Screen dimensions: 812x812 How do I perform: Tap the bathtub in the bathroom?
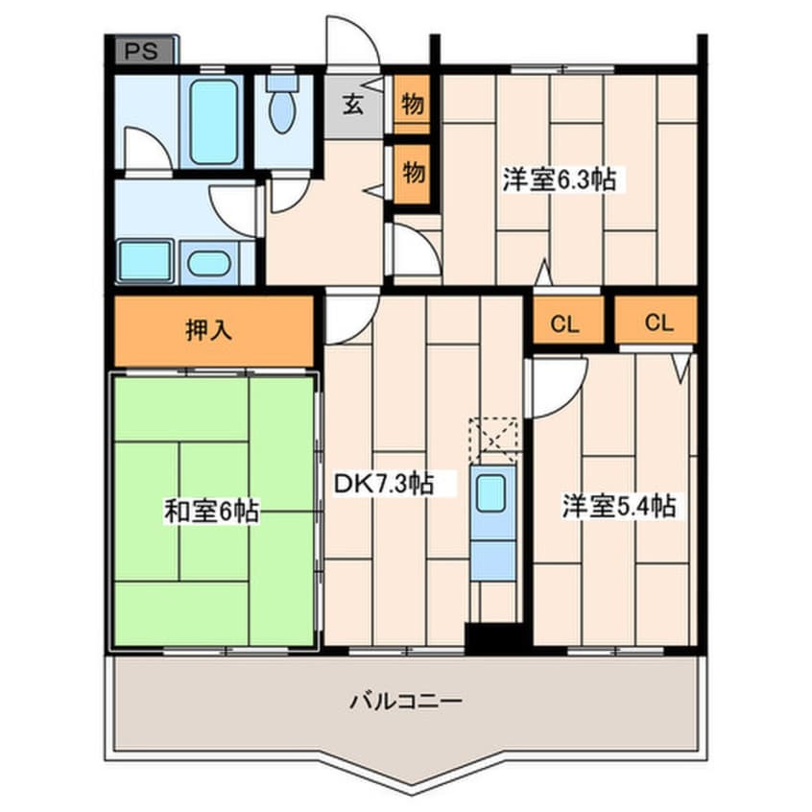tap(213, 122)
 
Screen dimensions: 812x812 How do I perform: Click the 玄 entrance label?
tap(354, 105)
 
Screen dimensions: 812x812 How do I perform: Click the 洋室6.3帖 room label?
tap(559, 179)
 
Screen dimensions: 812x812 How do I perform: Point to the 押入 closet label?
tap(208, 331)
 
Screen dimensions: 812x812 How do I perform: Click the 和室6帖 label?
tap(209, 512)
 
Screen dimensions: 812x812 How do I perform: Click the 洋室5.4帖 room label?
tap(619, 506)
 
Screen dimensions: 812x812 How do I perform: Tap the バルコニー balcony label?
tap(406, 701)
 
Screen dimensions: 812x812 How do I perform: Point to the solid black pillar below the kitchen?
tap(494, 635)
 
